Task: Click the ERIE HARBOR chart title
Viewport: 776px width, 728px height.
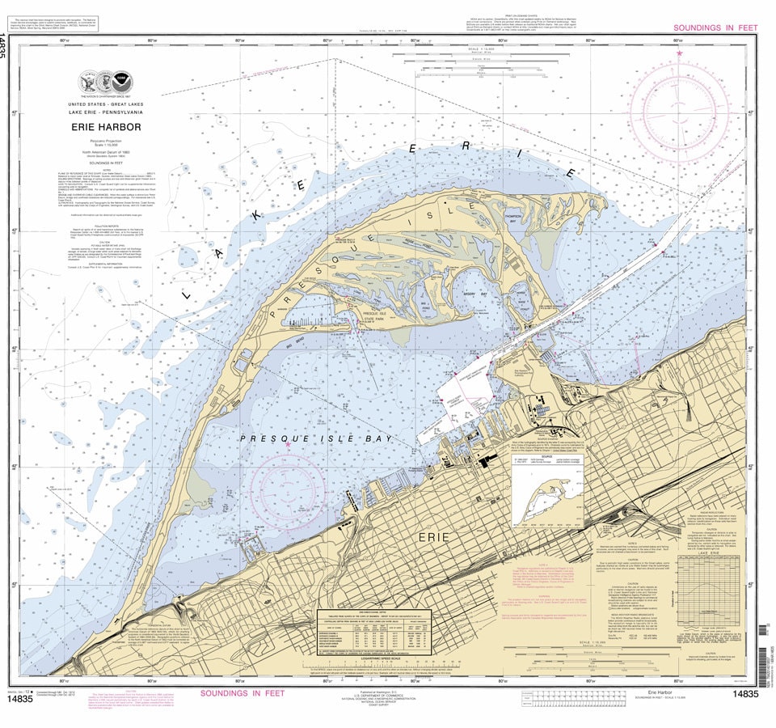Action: (104, 126)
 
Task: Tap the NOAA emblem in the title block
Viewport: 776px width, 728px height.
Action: (121, 82)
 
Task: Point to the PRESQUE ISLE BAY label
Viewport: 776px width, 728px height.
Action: (316, 438)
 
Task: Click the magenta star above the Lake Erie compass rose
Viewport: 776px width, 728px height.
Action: (679, 53)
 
